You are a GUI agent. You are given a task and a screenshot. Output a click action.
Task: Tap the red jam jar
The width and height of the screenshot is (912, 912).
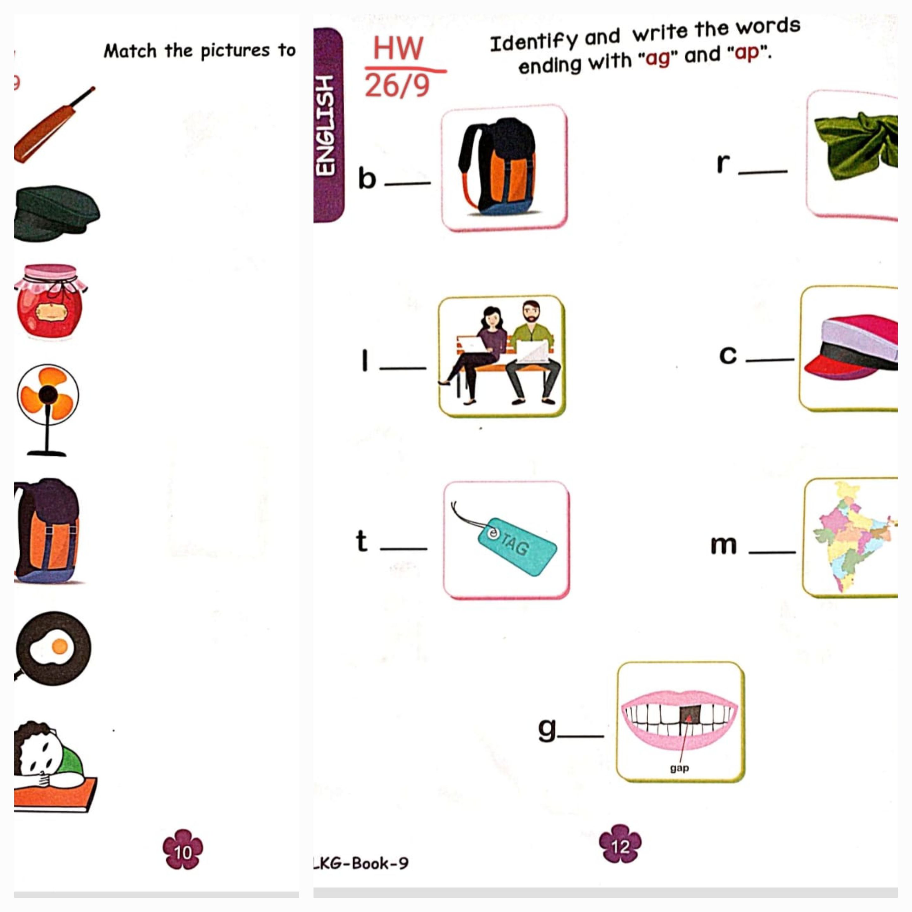tap(50, 301)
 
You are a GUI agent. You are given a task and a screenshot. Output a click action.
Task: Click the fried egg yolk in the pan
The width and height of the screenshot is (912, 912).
tap(60, 646)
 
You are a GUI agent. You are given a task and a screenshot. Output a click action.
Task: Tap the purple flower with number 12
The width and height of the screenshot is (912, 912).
tap(620, 845)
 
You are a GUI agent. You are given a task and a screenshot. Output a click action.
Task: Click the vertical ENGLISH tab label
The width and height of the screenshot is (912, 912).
tap(325, 125)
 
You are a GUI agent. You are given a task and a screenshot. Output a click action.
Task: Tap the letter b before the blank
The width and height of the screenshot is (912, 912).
tap(367, 178)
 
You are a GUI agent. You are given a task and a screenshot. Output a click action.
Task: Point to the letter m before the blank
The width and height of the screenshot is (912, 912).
tap(723, 545)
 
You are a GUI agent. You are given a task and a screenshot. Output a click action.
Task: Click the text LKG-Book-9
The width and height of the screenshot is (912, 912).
tap(361, 863)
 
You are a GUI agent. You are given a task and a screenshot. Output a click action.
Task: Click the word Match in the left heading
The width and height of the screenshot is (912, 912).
tap(130, 51)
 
